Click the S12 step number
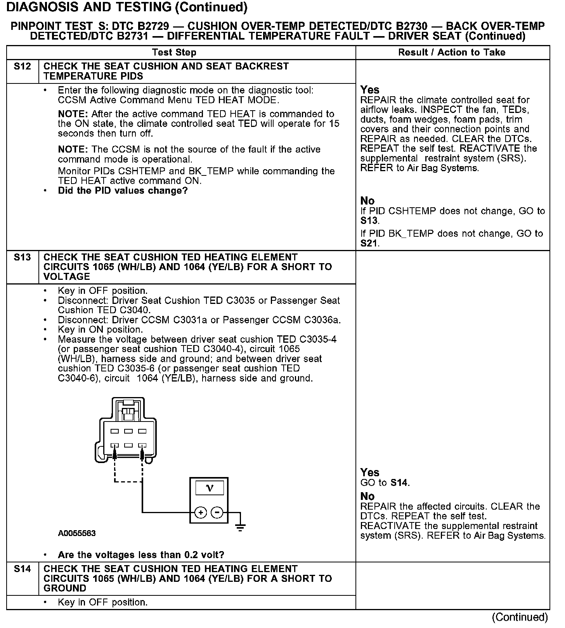22,66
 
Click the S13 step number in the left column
22,257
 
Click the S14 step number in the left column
22,569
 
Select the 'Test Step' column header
174,52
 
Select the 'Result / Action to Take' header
452,52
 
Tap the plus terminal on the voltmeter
201,513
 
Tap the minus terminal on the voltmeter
217,513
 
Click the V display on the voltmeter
210,488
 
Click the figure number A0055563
77,533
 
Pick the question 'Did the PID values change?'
123,191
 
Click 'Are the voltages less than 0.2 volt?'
141,555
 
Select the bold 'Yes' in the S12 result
369,90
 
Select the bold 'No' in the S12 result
367,201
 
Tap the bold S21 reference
369,243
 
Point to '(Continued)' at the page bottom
520,617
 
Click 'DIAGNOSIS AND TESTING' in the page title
89,7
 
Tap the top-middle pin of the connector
128,431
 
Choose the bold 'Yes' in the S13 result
369,472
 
